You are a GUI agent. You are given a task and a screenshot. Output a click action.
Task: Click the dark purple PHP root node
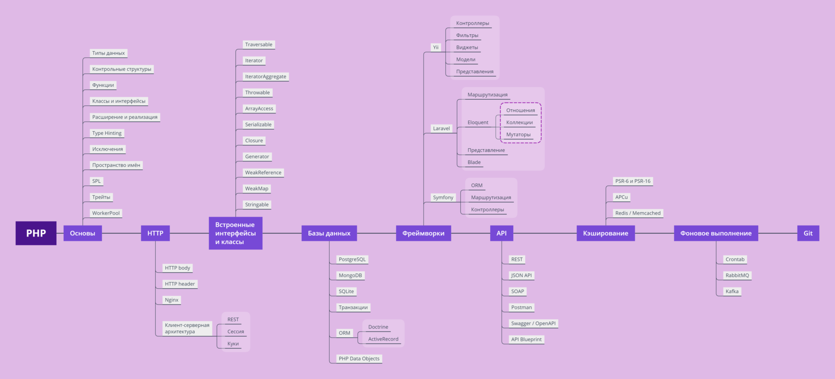(x=36, y=233)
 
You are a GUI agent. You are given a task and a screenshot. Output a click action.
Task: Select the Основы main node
(x=83, y=233)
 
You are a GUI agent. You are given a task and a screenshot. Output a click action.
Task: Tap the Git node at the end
(x=808, y=233)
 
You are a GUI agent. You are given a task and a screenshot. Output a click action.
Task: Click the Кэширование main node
(x=605, y=233)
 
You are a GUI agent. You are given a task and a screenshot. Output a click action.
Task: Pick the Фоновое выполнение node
(x=715, y=233)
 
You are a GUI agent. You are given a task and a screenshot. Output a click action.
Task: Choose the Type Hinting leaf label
(x=107, y=133)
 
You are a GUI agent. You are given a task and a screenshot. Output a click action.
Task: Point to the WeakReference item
(x=263, y=172)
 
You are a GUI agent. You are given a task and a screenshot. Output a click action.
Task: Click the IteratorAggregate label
(x=265, y=76)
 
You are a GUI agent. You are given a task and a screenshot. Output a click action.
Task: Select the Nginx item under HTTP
(x=172, y=300)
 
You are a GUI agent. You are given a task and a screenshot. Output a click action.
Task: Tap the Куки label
(x=233, y=343)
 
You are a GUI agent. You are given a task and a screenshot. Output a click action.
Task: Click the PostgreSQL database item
(x=352, y=259)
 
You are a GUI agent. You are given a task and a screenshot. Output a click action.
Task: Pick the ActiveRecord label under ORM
(x=383, y=339)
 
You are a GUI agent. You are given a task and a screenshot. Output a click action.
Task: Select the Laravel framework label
(x=441, y=128)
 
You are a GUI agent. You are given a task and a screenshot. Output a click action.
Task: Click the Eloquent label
(x=478, y=123)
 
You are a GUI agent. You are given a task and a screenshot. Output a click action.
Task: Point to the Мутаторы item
(x=518, y=134)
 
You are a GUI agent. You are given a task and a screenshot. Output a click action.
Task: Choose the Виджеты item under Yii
(x=467, y=47)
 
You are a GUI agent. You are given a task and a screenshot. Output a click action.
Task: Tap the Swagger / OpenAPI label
(x=533, y=323)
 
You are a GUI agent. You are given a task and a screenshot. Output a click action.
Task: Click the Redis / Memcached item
(x=638, y=213)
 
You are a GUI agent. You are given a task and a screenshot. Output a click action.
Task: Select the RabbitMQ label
(x=737, y=275)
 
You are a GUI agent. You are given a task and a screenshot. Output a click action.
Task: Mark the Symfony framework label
(x=443, y=198)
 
